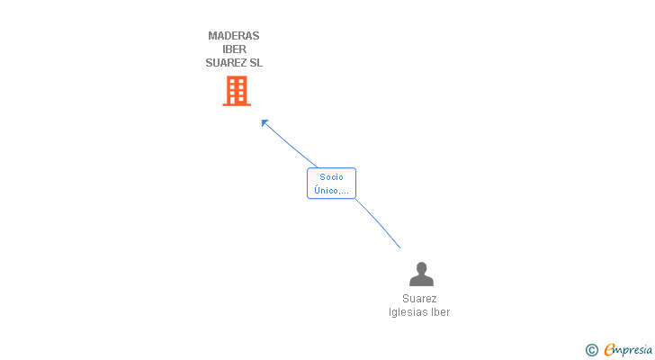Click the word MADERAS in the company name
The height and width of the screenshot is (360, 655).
coord(234,36)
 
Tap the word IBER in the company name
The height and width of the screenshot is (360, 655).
coord(234,49)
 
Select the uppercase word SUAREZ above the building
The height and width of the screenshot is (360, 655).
coord(224,63)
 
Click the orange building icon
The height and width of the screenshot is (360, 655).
coord(236,90)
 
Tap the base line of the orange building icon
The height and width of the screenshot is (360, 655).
coord(236,104)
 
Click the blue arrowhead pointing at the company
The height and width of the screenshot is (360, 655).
coord(265,122)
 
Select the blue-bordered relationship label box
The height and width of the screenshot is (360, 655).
coord(331,184)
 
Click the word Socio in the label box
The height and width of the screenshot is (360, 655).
coord(331,177)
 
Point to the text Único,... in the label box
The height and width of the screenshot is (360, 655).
coord(331,191)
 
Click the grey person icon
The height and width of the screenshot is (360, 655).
coord(420,274)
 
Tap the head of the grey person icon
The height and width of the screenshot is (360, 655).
coord(420,267)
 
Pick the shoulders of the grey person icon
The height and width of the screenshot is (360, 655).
coord(420,281)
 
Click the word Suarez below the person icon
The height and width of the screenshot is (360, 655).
coord(420,299)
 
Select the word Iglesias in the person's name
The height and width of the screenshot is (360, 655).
coord(408,312)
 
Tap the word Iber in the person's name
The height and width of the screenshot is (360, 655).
coord(440,312)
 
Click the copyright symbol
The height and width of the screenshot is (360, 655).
coord(592,350)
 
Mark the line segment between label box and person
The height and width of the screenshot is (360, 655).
coord(379,223)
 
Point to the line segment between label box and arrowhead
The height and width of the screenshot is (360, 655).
coord(291,145)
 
